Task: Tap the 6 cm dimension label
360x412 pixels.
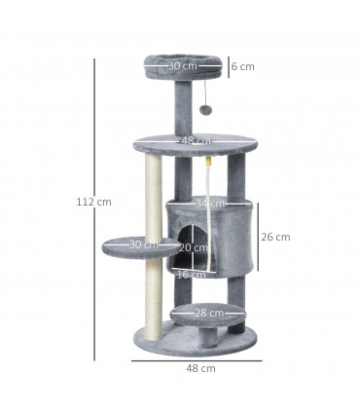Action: [x=243, y=66]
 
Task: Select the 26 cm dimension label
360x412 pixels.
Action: [x=277, y=237]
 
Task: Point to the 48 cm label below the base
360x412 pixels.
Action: [x=201, y=369]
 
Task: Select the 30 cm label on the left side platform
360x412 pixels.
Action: [x=143, y=244]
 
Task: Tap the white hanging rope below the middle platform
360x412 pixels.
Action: [x=208, y=185]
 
